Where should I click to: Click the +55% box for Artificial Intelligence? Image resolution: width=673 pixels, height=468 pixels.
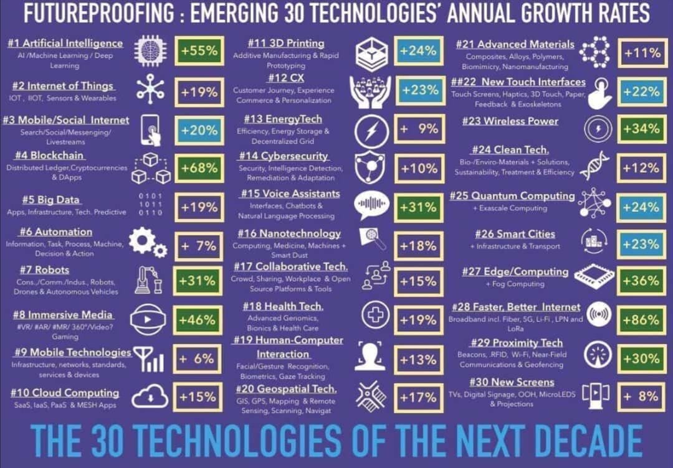tap(199, 52)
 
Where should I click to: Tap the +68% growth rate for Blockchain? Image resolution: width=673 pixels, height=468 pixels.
tap(199, 167)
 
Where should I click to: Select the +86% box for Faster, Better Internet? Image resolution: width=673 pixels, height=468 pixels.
tap(641, 321)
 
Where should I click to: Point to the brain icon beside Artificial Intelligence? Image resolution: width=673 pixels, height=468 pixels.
tap(150, 51)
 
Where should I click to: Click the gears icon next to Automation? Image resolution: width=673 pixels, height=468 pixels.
tap(148, 243)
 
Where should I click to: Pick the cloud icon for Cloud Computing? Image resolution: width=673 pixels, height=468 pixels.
tap(150, 396)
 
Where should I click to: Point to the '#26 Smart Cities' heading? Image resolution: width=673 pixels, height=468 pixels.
tap(515, 235)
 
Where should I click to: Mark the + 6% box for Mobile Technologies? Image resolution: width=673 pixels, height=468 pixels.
tap(198, 359)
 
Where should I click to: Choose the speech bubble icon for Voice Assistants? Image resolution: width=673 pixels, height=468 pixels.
tap(371, 205)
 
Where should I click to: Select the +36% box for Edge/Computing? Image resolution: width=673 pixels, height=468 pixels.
tap(641, 281)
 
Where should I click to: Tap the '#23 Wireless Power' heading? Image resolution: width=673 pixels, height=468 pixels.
tap(510, 121)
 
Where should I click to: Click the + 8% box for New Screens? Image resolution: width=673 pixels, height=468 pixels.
tap(641, 396)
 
